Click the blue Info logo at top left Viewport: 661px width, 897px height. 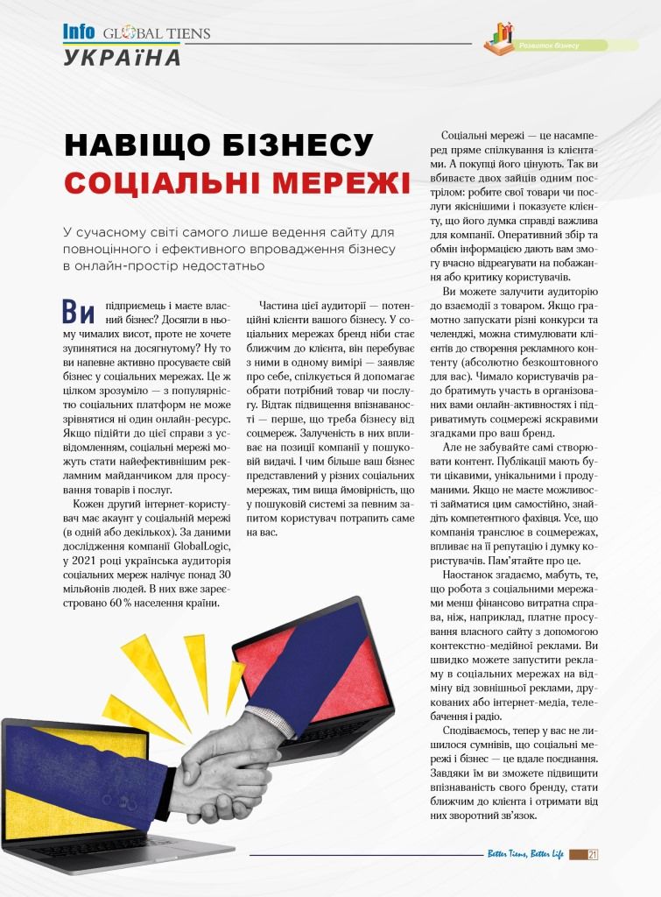tap(78, 32)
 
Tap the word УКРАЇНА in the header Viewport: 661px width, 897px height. tap(122, 57)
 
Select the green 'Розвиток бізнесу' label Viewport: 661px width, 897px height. tap(550, 46)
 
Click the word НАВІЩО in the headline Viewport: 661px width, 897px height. tap(139, 145)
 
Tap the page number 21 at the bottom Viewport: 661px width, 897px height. tap(593, 855)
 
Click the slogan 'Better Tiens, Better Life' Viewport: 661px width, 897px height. tap(525, 855)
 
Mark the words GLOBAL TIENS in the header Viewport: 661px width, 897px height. tap(157, 34)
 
